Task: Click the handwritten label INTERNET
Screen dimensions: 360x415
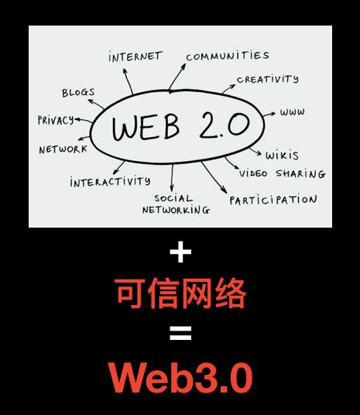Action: coord(135,57)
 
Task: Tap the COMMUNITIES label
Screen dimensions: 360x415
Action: coord(228,56)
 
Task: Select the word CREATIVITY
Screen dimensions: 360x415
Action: coord(268,79)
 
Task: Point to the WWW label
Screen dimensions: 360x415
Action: coord(292,112)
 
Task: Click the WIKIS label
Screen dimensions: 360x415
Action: coord(282,156)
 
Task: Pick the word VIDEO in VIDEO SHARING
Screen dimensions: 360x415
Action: coord(253,173)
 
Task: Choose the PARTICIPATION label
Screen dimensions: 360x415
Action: coord(273,200)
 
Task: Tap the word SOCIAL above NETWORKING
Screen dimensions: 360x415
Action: coord(173,198)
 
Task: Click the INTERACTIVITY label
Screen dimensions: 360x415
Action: coord(110,182)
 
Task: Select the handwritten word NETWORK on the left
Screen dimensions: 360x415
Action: coord(63,149)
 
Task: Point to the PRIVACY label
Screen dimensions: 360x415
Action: coord(56,120)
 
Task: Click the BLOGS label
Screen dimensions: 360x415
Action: coord(78,93)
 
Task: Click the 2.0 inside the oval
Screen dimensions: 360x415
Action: coord(225,125)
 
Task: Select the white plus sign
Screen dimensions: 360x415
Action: coord(180,252)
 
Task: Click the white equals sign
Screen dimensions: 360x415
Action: coord(180,333)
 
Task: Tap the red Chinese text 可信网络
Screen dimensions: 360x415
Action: coord(180,293)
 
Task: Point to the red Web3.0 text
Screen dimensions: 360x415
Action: coord(180,378)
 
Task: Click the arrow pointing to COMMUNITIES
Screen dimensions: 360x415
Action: coord(177,77)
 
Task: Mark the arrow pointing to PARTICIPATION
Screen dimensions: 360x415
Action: coord(214,177)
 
